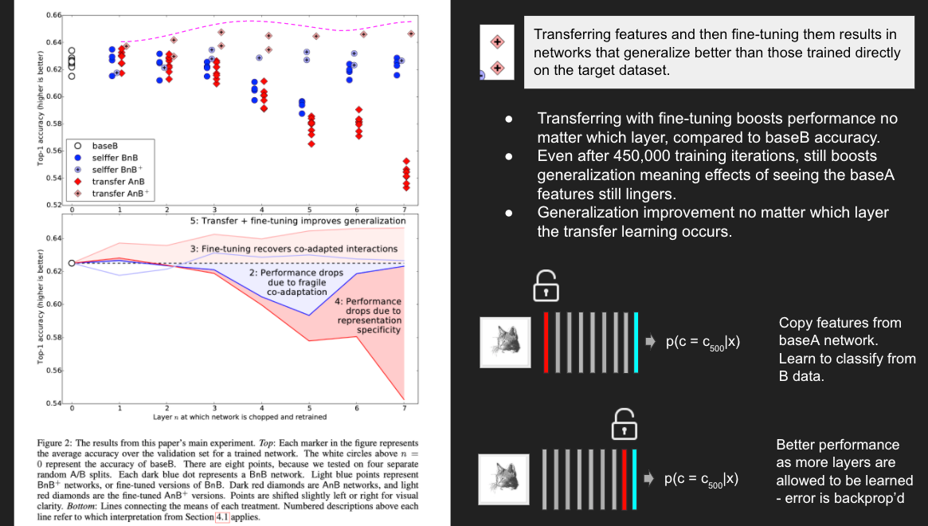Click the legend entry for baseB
[104, 146]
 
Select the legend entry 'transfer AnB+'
[119, 194]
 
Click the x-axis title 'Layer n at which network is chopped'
[239, 417]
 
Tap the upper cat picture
[505, 342]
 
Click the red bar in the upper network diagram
[546, 342]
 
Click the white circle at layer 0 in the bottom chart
[72, 262]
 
